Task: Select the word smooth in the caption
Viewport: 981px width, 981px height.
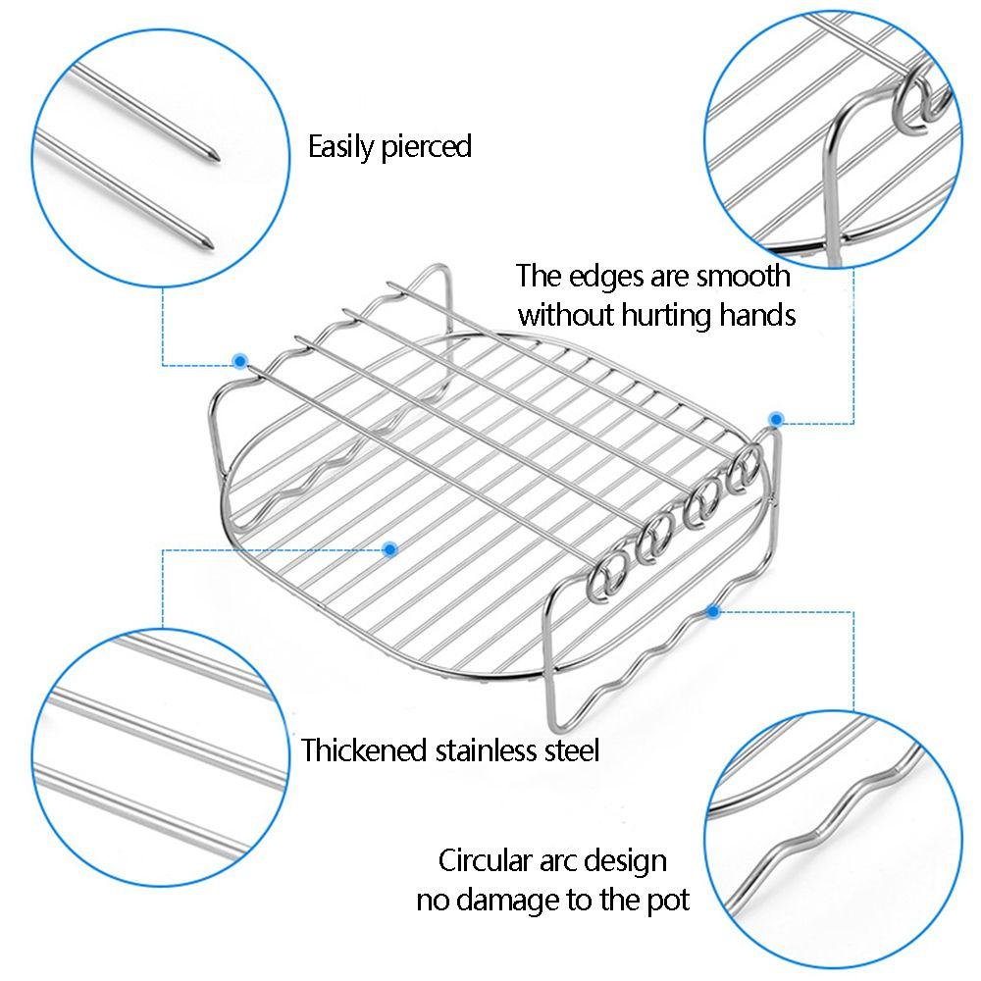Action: point(743,276)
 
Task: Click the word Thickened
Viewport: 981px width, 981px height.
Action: point(365,751)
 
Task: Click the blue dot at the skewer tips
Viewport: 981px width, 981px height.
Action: point(238,361)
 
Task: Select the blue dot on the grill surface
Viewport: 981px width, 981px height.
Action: point(389,549)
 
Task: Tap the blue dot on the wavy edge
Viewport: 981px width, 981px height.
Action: point(713,612)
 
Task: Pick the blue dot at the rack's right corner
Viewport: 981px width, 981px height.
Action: point(775,419)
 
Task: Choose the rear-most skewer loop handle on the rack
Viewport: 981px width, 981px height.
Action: point(748,467)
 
